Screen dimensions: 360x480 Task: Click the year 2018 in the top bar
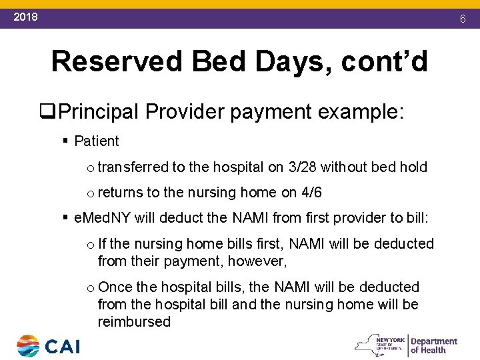click(x=26, y=17)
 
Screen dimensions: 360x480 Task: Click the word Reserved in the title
click(x=116, y=61)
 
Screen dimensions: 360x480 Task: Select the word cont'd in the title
click(x=384, y=61)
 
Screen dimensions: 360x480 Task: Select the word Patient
click(x=97, y=141)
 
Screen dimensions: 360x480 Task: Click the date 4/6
click(x=311, y=193)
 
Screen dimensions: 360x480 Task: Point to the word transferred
click(x=133, y=167)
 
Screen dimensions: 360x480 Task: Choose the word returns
click(x=120, y=193)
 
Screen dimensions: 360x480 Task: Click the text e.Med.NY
click(x=103, y=218)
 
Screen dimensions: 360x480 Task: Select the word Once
click(x=115, y=287)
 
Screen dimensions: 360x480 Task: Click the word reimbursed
click(x=134, y=322)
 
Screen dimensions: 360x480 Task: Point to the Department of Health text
click(x=434, y=345)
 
